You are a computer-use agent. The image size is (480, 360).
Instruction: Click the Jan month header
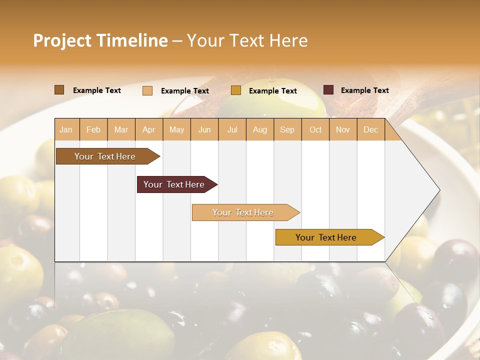pyautogui.click(x=66, y=129)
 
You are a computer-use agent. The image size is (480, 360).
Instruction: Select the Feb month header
pyautogui.click(x=93, y=129)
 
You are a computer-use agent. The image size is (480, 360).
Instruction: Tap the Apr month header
pyautogui.click(x=149, y=129)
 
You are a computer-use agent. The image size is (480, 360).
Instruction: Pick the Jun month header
pyautogui.click(x=204, y=129)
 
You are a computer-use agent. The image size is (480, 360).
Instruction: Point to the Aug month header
pyautogui.click(x=260, y=129)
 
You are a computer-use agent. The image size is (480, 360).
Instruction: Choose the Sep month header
pyautogui.click(x=287, y=129)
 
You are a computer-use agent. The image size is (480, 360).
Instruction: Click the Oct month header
pyautogui.click(x=315, y=129)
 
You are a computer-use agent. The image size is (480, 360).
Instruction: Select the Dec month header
pyautogui.click(x=371, y=129)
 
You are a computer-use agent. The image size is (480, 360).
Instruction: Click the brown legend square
pyautogui.click(x=59, y=90)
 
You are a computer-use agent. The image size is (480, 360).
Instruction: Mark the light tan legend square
pyautogui.click(x=147, y=90)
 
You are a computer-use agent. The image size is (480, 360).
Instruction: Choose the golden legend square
pyautogui.click(x=236, y=90)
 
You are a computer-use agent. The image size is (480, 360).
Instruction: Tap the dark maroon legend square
pyautogui.click(x=328, y=90)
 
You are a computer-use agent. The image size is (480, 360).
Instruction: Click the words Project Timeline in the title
pyautogui.click(x=100, y=40)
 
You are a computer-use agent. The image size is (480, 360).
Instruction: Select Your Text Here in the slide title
pyautogui.click(x=247, y=40)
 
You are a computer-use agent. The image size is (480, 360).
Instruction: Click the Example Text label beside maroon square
pyautogui.click(x=364, y=90)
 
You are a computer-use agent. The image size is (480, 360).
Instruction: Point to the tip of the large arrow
pyautogui.click(x=438, y=190)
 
